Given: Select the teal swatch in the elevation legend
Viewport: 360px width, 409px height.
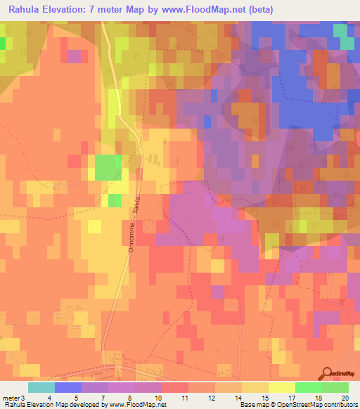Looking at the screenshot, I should coord(41,387).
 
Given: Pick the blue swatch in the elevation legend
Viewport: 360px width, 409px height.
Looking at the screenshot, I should coord(68,387).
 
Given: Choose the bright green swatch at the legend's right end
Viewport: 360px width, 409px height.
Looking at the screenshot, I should coord(335,387).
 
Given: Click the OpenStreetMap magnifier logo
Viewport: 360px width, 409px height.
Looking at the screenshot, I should coord(328,375).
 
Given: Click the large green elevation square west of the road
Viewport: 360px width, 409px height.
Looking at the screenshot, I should coord(108,168).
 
